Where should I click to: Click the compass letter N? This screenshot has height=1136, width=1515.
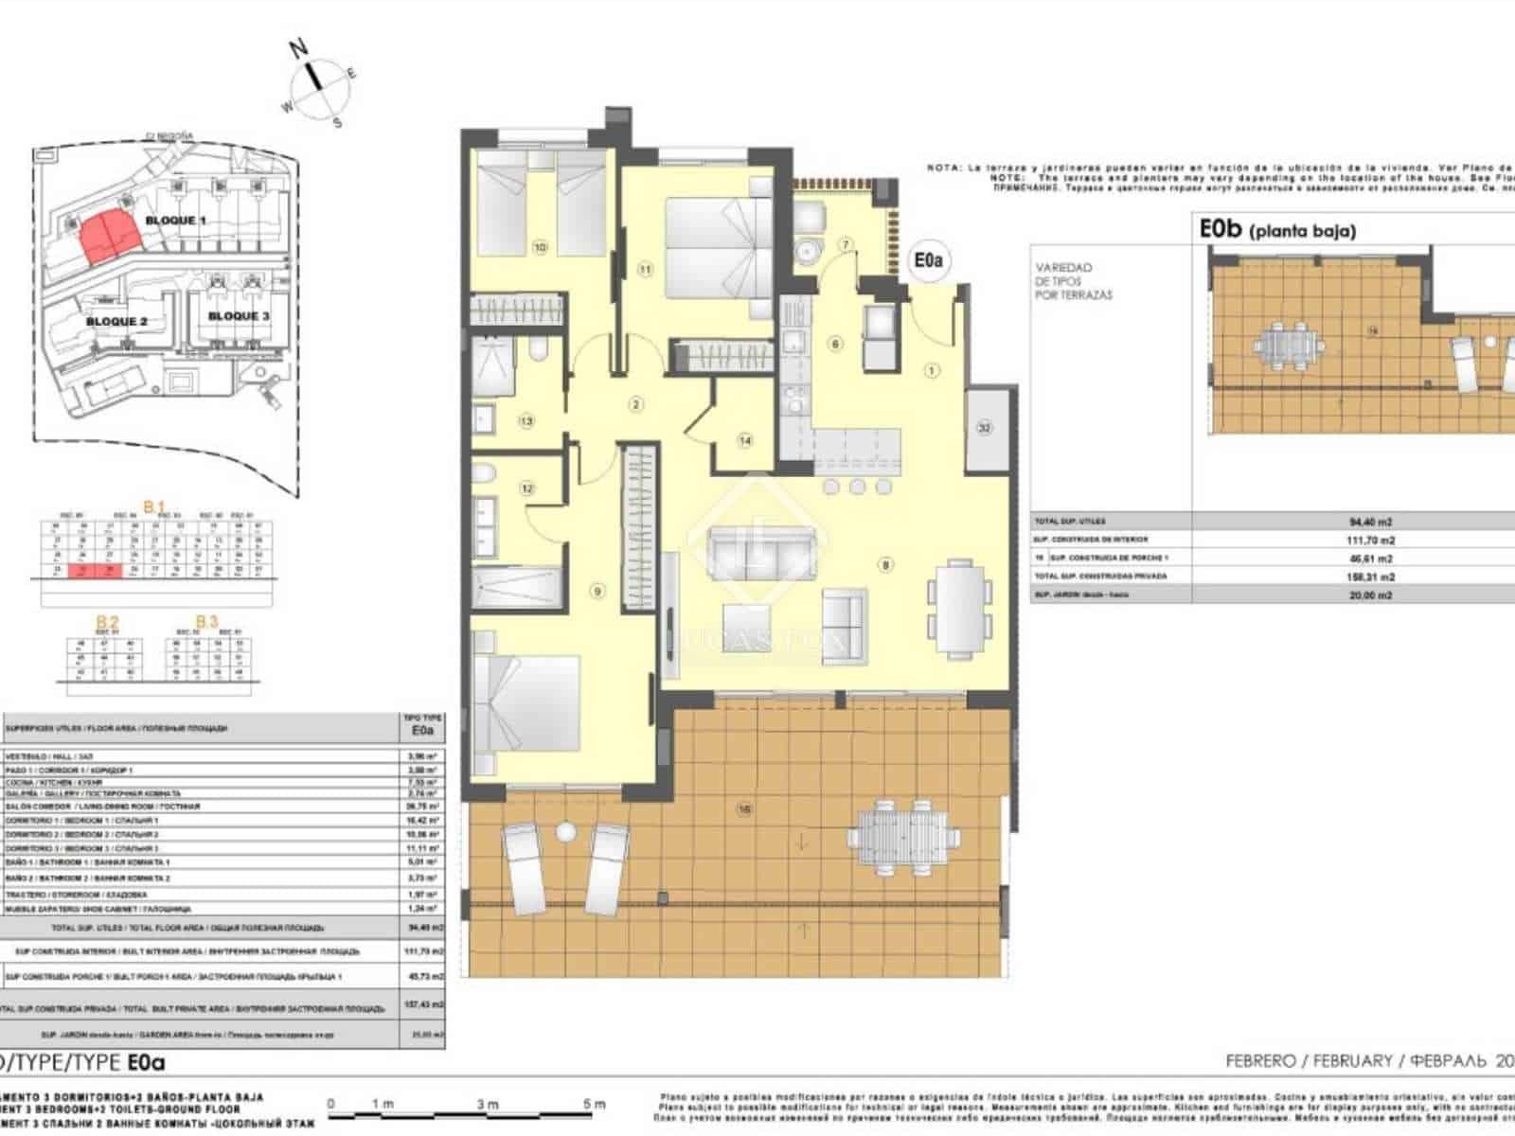(x=299, y=48)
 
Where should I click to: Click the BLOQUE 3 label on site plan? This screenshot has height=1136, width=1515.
(x=239, y=316)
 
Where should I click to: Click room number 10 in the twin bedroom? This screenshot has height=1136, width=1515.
(x=540, y=248)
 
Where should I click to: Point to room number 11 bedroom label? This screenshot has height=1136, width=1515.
(x=646, y=270)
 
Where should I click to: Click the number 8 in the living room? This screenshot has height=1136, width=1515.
(x=886, y=565)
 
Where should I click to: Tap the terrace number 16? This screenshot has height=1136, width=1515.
(x=745, y=809)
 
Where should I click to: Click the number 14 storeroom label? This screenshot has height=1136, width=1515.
(x=745, y=440)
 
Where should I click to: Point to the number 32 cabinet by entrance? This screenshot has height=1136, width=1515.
(x=985, y=428)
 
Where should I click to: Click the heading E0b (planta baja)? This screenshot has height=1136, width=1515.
(x=1277, y=229)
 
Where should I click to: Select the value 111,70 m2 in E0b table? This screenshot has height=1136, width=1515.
(x=1371, y=540)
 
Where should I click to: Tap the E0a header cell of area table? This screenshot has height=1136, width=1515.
(x=422, y=728)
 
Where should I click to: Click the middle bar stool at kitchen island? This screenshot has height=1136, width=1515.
(x=857, y=487)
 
